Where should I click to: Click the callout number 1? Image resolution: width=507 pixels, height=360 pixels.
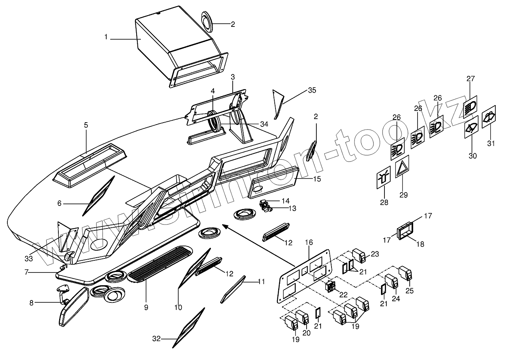click(x=105, y=37)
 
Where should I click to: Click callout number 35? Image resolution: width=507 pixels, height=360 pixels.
click(x=312, y=90)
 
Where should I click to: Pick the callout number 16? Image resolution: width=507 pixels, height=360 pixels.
click(x=309, y=242)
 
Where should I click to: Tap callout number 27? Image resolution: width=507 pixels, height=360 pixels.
click(x=471, y=79)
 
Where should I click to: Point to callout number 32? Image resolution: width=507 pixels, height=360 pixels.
click(x=156, y=339)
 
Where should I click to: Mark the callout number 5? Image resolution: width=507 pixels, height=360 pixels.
click(x=86, y=125)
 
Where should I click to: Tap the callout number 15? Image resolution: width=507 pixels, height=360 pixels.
click(x=317, y=179)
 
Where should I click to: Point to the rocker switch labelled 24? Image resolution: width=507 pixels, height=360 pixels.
click(x=391, y=283)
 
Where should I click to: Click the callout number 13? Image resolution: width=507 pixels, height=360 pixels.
click(x=292, y=209)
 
